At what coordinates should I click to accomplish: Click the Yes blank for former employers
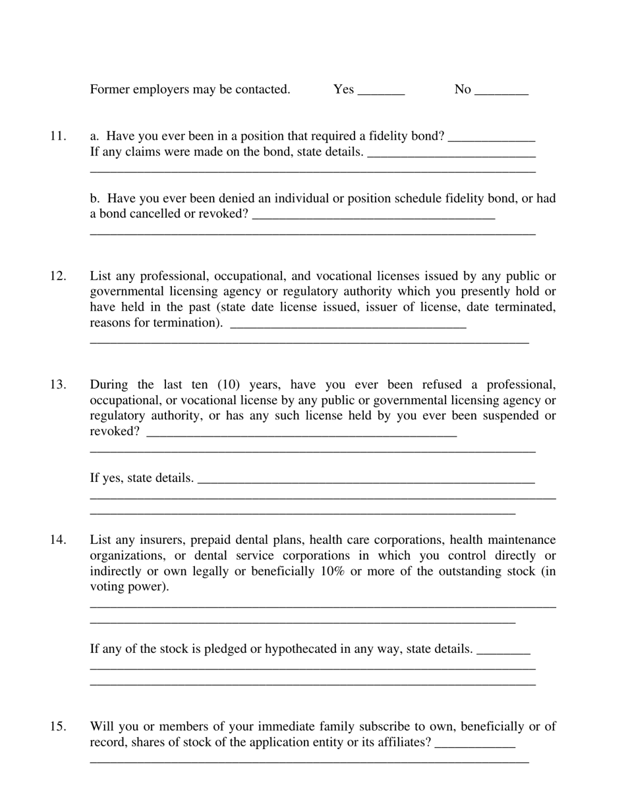coord(381,91)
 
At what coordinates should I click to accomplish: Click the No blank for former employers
coord(501,91)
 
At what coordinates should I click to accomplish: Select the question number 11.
coord(58,136)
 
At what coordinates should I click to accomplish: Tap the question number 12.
coord(58,276)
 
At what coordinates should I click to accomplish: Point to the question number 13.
coord(58,384)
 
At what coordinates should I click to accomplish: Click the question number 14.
coord(58,540)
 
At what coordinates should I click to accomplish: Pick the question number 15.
coord(58,727)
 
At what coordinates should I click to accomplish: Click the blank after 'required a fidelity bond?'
coord(491,138)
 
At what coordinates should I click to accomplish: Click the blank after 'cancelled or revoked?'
coord(373,216)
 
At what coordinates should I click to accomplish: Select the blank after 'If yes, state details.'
coord(366,479)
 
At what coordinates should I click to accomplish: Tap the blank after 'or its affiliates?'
coord(475,744)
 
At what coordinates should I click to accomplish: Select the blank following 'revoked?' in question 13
coord(301,433)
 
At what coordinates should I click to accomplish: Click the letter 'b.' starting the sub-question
coord(95,198)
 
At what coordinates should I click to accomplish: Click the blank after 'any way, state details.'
coord(503,651)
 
